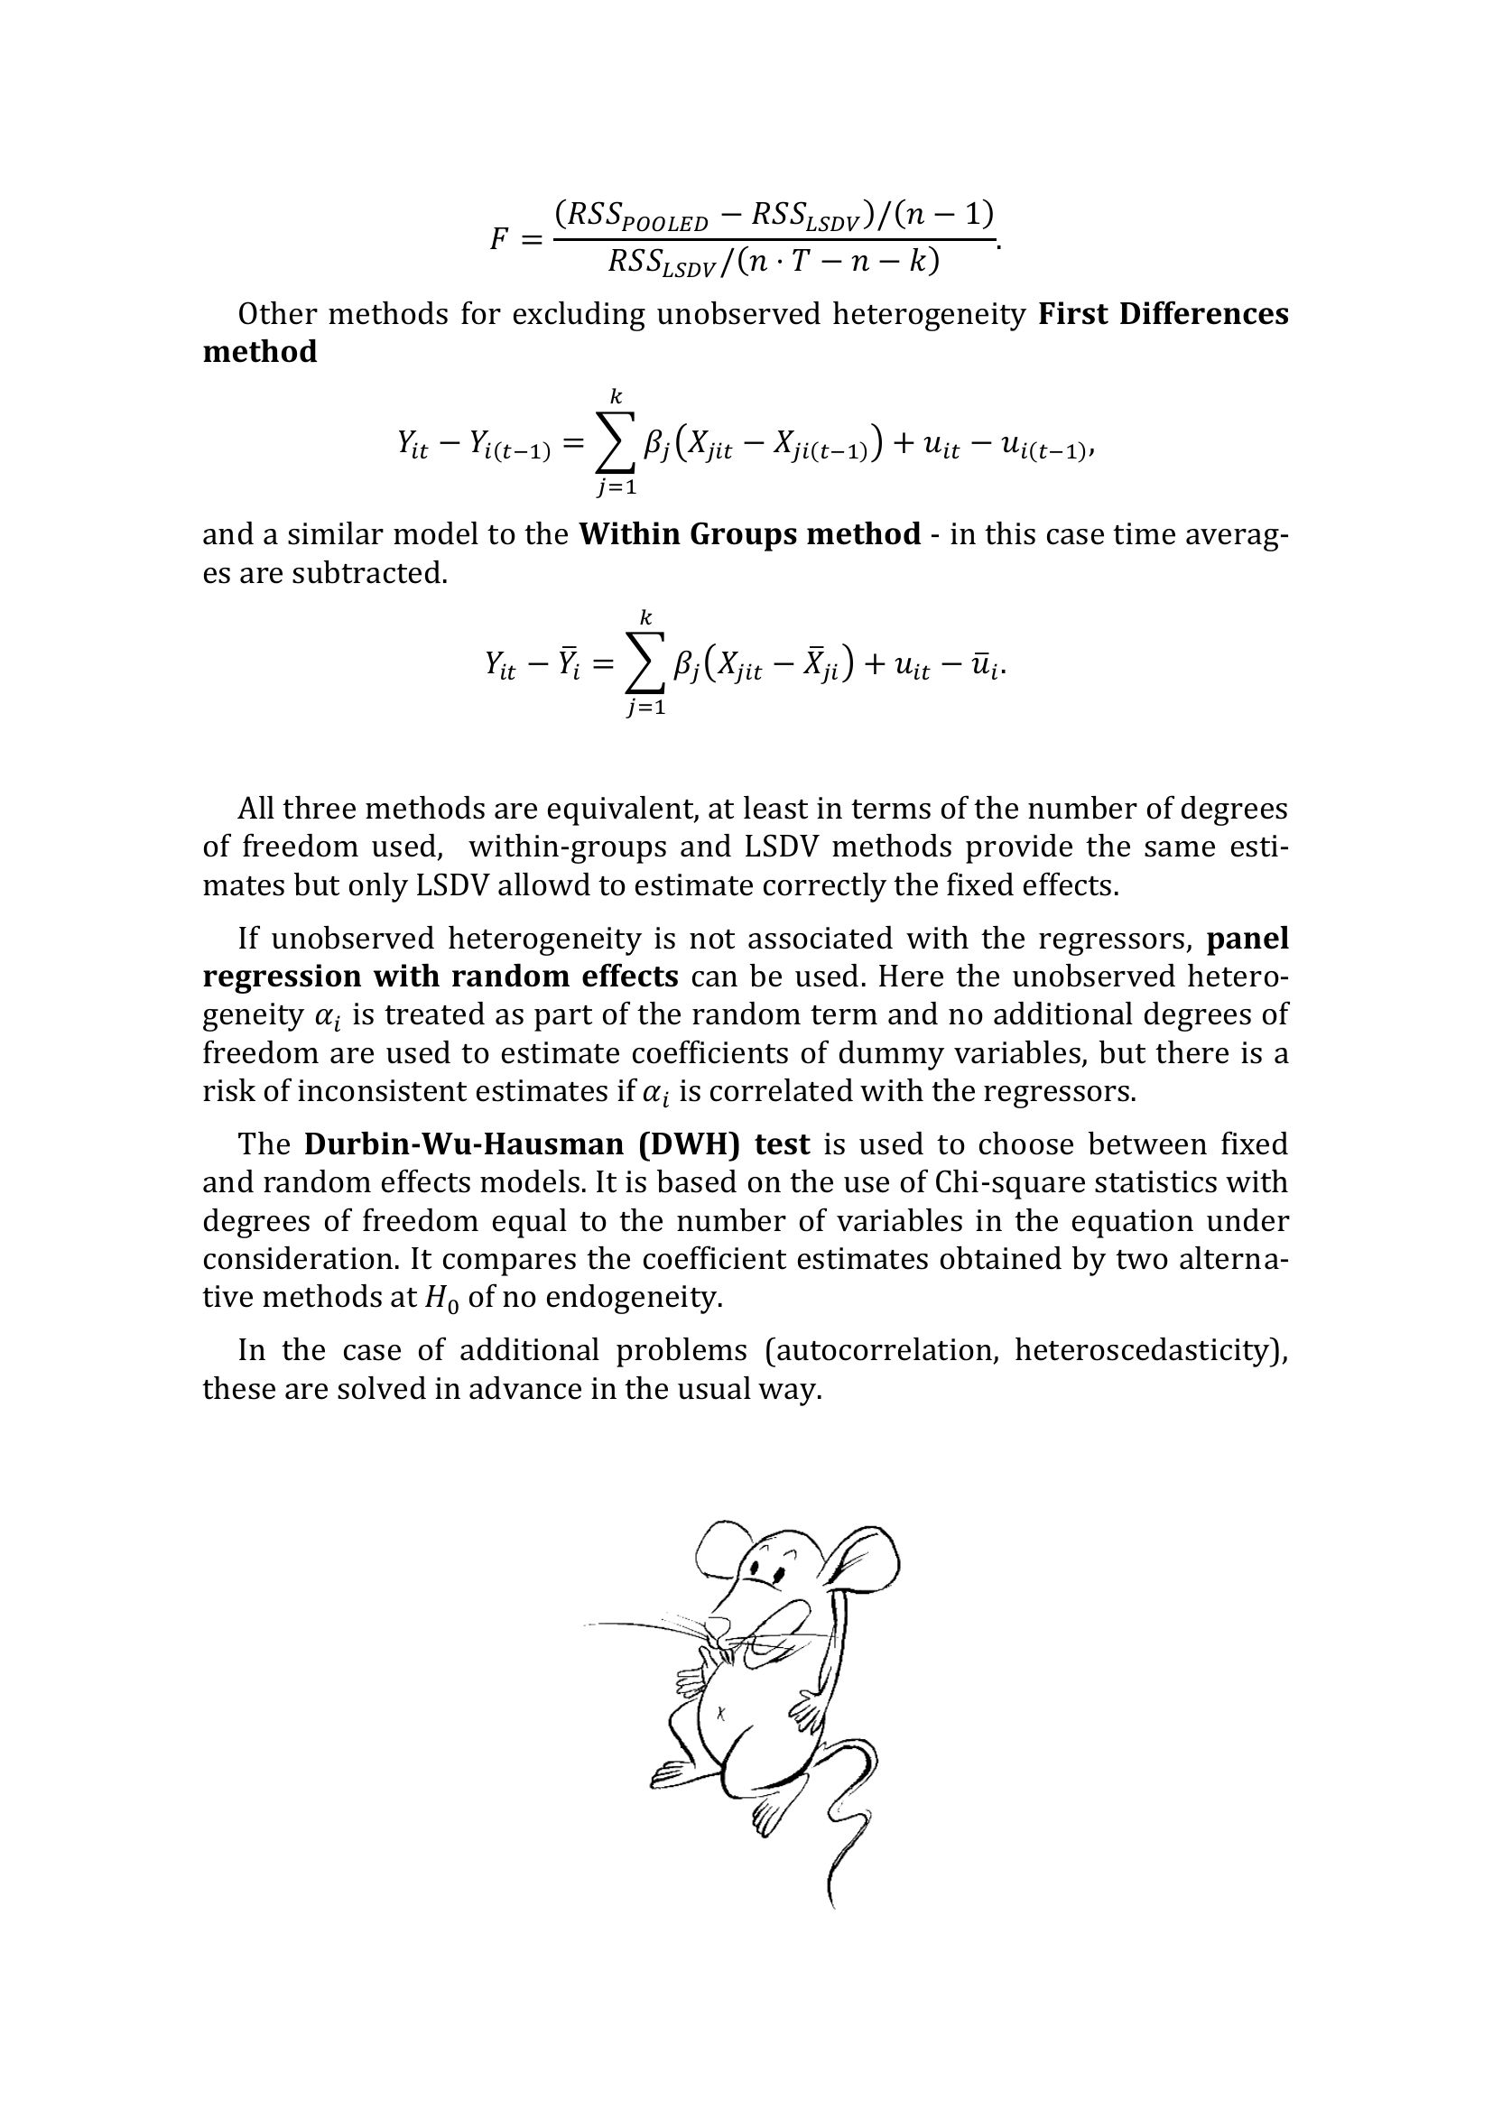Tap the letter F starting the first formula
[499, 239]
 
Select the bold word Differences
[1203, 314]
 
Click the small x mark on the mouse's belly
[720, 1713]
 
